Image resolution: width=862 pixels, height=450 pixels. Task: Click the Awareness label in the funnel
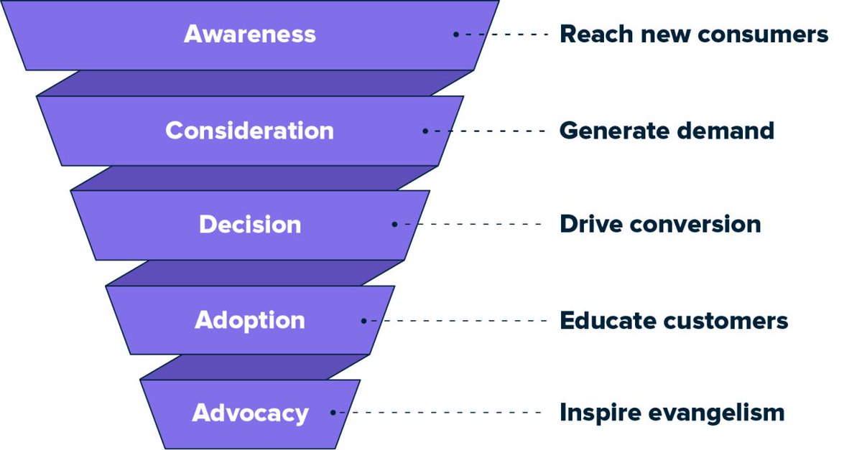coord(250,34)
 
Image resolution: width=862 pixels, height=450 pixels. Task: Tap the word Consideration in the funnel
coord(249,131)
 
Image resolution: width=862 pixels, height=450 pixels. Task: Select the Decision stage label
coord(250,224)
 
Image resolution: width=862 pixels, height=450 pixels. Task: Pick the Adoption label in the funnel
coord(250,320)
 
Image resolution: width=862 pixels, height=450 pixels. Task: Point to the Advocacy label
coord(250,413)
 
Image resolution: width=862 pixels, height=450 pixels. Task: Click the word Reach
coord(596,34)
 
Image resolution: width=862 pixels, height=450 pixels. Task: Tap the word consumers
coord(763,34)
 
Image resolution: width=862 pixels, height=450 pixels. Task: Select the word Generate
coord(615,131)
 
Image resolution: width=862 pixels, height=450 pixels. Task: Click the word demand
coord(726,131)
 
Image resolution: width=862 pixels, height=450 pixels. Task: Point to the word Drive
coord(591,224)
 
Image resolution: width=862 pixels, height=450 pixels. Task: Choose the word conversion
coord(695,224)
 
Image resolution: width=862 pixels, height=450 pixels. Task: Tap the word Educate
coord(608,320)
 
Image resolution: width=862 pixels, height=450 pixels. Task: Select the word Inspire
coord(601,413)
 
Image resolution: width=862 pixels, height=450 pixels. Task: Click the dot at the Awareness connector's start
coord(456,34)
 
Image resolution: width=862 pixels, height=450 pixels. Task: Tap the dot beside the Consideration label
coord(425,131)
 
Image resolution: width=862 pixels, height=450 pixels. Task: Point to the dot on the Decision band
coord(394,224)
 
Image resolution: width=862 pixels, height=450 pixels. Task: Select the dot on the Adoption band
coord(363,321)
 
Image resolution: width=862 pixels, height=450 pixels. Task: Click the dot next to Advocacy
coord(333,413)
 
